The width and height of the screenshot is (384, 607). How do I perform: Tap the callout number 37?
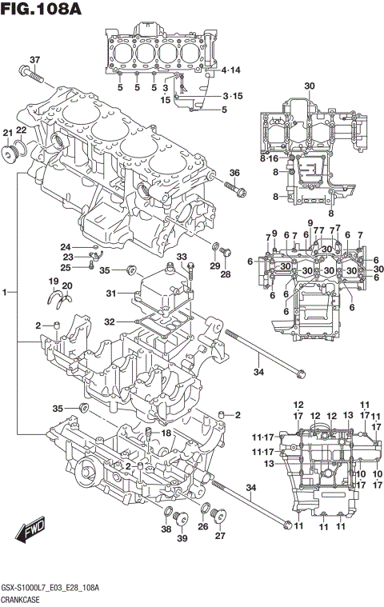(x=34, y=60)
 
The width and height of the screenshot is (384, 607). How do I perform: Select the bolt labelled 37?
(x=32, y=78)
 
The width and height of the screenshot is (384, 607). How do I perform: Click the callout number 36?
(x=234, y=174)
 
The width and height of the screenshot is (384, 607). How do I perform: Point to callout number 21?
(x=7, y=132)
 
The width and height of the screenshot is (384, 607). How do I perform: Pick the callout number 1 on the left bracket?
(x=6, y=294)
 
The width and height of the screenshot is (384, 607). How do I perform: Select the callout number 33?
(x=182, y=257)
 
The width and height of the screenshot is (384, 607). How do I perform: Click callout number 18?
(x=166, y=433)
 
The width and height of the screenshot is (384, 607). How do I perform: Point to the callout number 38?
(x=166, y=529)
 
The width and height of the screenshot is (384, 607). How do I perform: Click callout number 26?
(x=203, y=527)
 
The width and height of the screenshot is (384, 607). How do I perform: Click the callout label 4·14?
(x=230, y=70)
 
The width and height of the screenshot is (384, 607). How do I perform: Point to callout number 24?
(x=66, y=246)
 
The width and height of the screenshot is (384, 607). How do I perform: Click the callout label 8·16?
(x=269, y=159)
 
